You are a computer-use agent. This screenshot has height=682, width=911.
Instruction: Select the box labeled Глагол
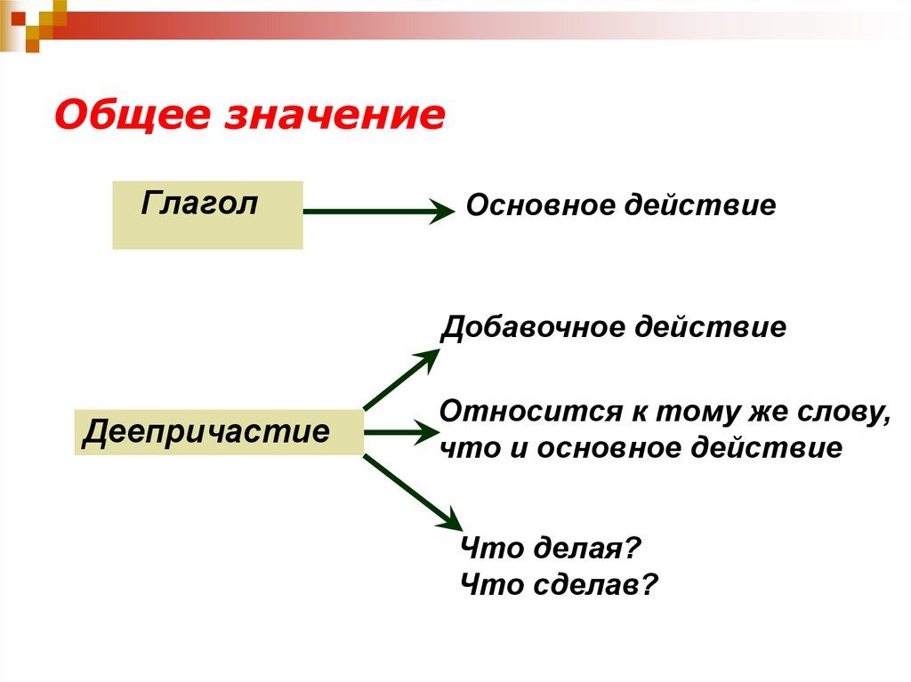click(207, 214)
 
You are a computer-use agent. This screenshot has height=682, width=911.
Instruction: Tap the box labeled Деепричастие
click(219, 433)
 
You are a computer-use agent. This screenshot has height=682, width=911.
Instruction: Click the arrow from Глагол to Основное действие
click(374, 212)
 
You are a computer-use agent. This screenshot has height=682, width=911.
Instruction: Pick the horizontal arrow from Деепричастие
click(397, 433)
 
